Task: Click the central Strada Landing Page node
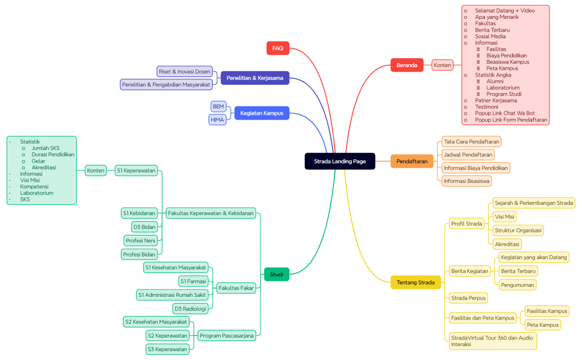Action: point(340,161)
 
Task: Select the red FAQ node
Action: point(278,48)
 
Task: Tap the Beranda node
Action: point(407,65)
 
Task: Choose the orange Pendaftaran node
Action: point(412,162)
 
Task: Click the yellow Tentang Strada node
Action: point(416,282)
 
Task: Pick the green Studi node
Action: point(277,274)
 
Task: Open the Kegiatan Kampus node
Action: point(262,113)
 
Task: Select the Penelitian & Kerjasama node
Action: point(254,78)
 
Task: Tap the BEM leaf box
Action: point(218,106)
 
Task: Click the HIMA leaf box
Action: point(217,120)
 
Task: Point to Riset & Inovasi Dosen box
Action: point(185,71)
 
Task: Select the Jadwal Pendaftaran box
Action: point(468,155)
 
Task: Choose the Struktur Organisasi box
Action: point(518,230)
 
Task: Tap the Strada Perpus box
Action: point(468,298)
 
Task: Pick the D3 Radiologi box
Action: point(190,308)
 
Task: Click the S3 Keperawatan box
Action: point(167,349)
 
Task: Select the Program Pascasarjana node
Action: point(227,336)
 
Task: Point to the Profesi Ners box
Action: point(141,240)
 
